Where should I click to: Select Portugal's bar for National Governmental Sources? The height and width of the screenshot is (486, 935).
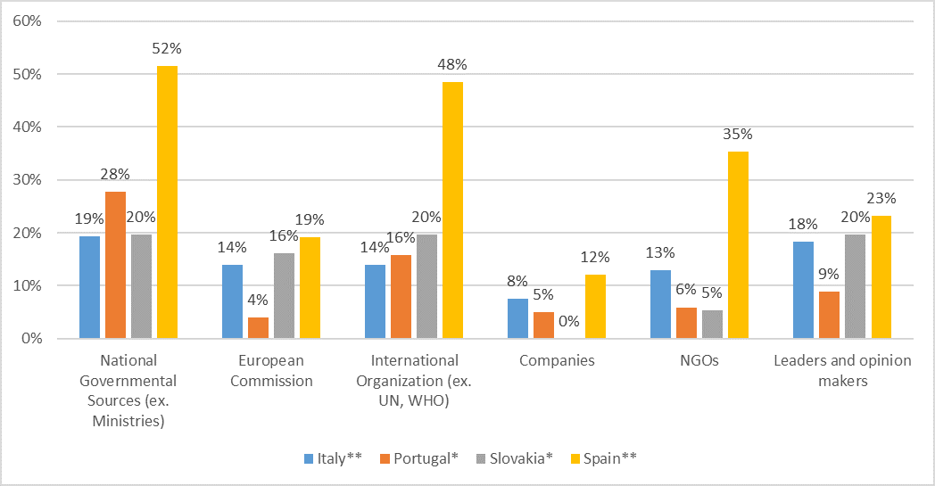tap(115, 266)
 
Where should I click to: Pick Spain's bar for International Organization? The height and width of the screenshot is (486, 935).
tap(452, 210)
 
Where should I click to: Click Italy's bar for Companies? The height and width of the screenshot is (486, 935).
tap(517, 319)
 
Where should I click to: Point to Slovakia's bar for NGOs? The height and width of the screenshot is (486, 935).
tap(712, 325)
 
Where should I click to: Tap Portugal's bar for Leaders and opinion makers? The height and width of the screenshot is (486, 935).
tap(829, 315)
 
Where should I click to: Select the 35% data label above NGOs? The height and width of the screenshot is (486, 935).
tap(738, 134)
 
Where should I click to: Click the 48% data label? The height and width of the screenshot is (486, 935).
tap(452, 64)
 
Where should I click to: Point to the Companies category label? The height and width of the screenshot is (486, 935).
tap(557, 361)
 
